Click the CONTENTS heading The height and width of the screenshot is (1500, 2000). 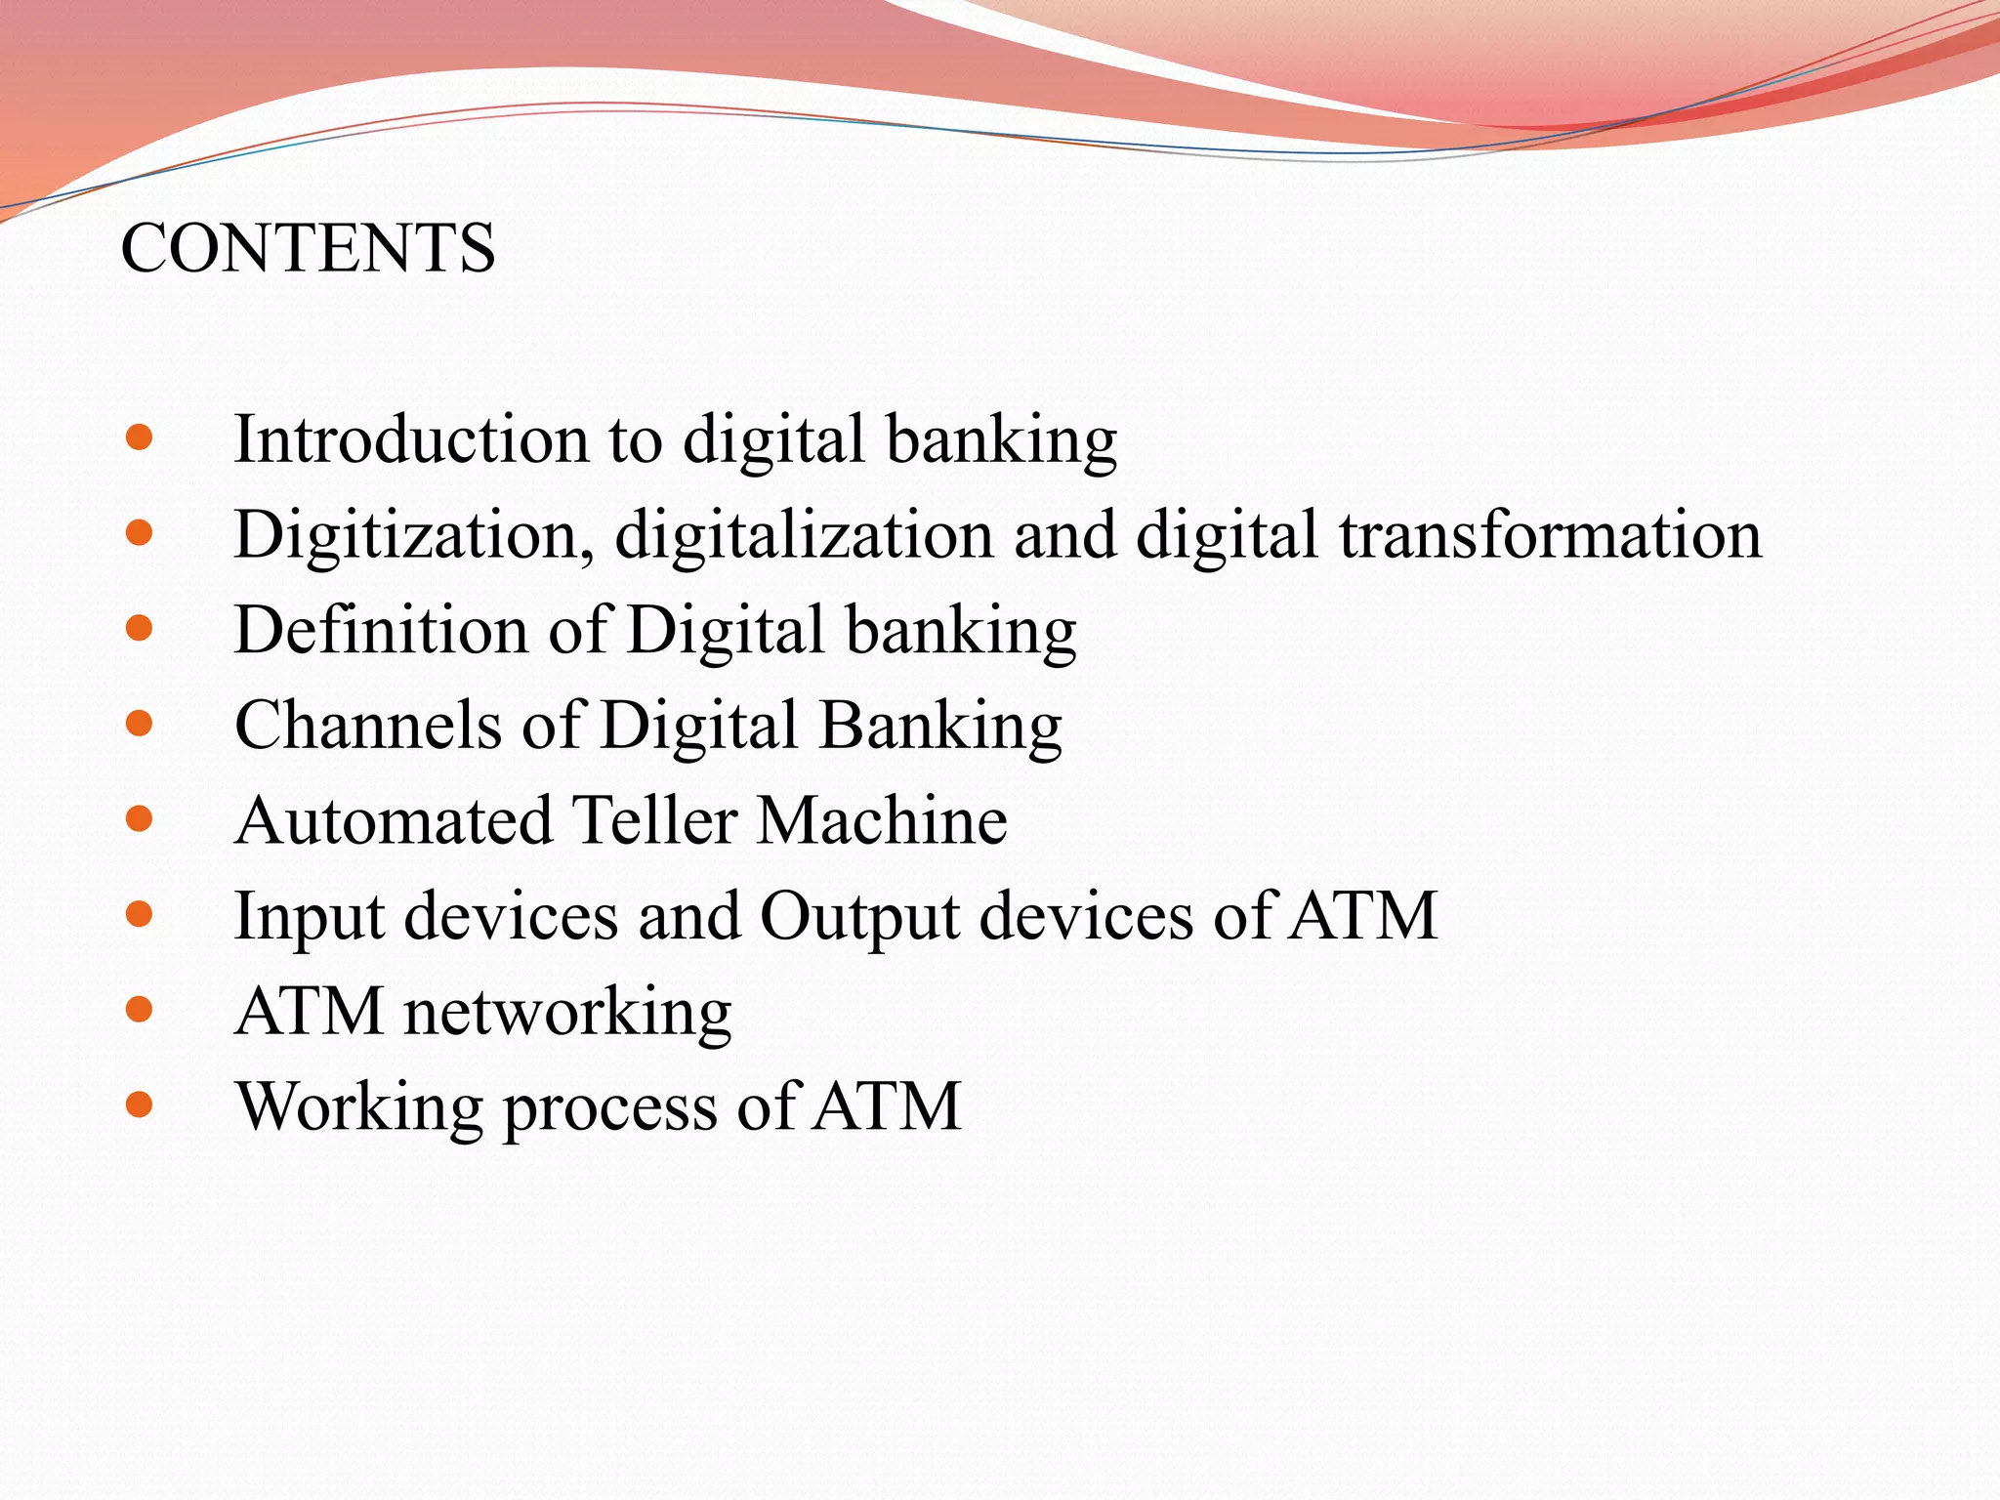308,248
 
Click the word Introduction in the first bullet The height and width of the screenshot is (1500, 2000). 411,439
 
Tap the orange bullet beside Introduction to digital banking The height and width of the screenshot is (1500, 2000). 140,437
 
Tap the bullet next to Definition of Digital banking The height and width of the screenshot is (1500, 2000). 140,628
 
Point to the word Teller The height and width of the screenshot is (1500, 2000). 654,820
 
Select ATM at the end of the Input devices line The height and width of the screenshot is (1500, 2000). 1363,916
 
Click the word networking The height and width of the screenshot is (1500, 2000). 567,1012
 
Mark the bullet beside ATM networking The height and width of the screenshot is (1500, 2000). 140,1009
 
